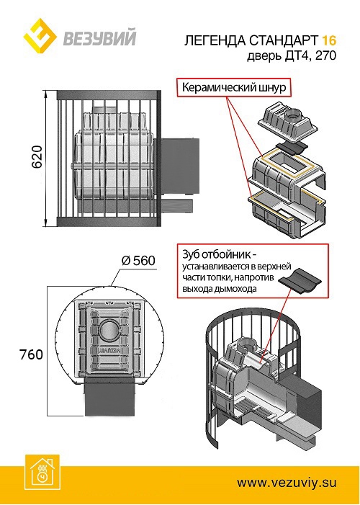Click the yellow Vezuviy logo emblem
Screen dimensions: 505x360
40,34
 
